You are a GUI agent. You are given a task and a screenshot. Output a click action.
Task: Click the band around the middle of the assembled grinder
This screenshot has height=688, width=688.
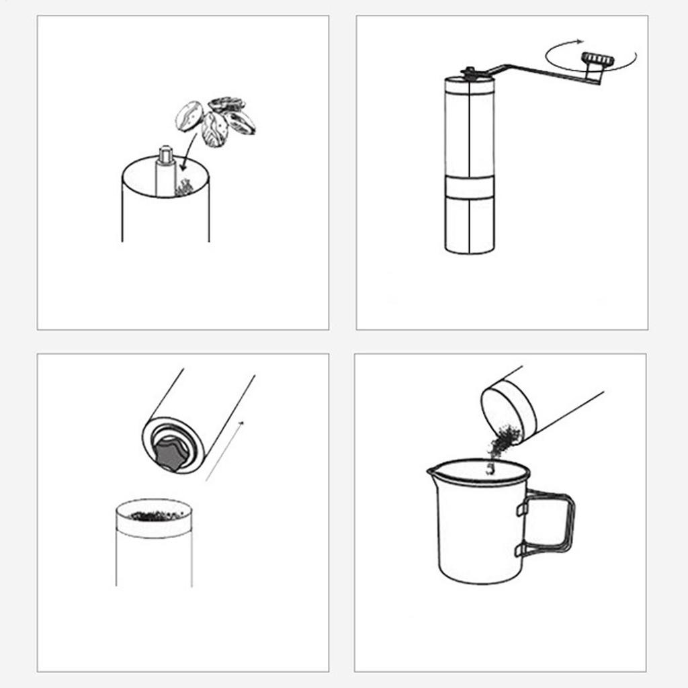click(470, 188)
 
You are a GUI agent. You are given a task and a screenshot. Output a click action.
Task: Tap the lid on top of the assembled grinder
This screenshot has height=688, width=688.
click(470, 82)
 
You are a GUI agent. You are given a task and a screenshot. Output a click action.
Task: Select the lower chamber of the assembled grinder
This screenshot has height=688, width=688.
click(470, 225)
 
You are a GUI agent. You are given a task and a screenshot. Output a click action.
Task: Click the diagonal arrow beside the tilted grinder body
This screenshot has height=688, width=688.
click(224, 450)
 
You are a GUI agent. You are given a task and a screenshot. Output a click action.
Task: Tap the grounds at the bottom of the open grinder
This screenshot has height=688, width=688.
click(183, 188)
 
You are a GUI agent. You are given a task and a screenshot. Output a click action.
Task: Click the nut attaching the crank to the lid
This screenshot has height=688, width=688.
click(469, 71)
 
